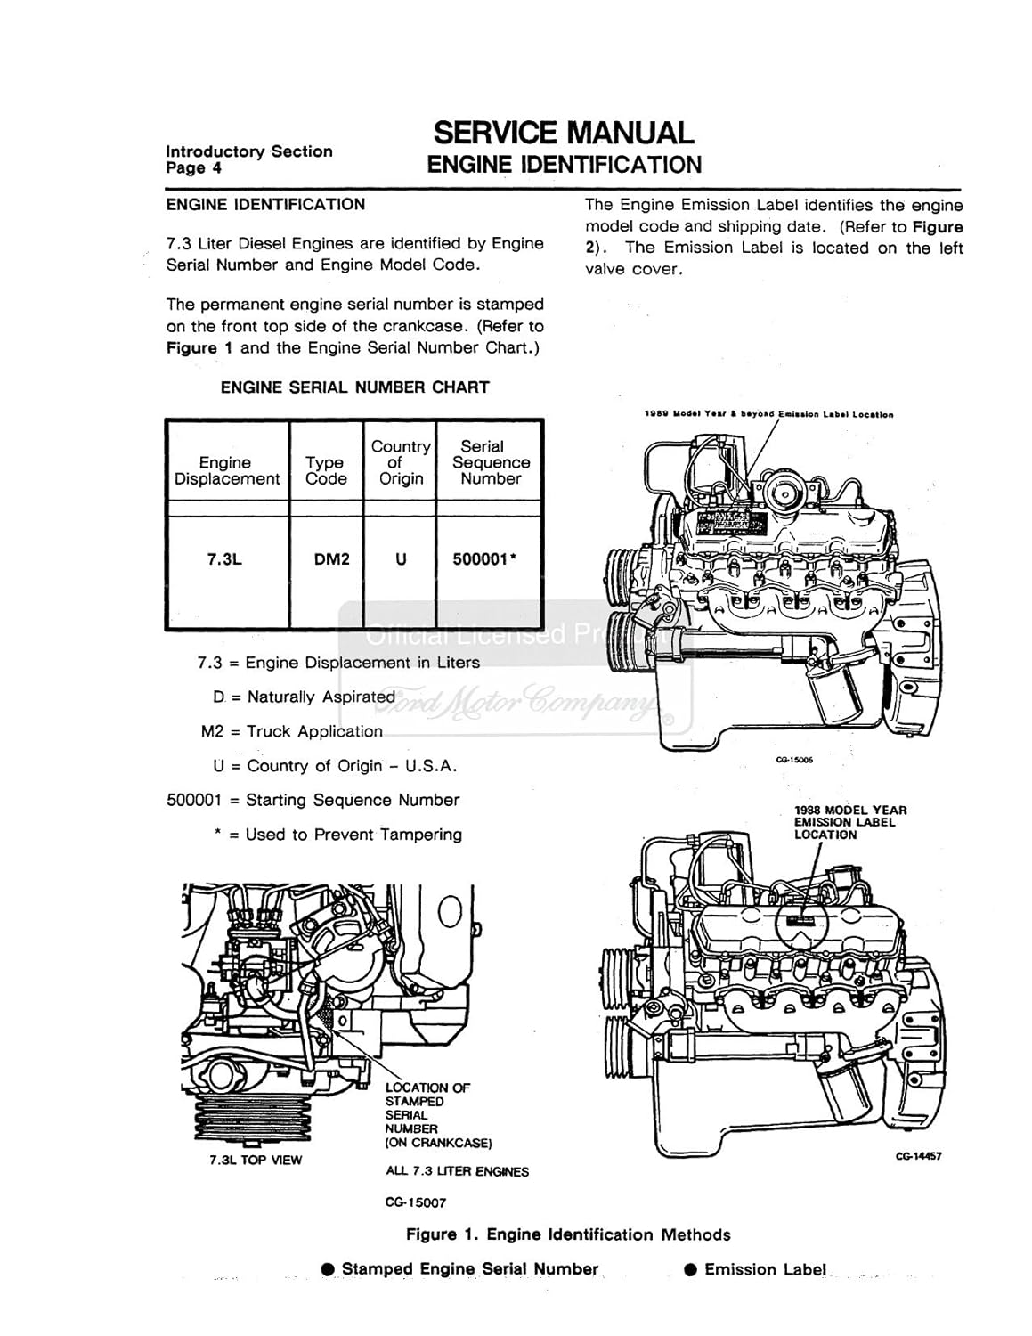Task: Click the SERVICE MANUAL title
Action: pos(563,133)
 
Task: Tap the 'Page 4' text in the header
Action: pos(194,168)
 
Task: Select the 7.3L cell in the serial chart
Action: pos(224,559)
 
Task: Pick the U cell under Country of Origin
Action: pos(401,559)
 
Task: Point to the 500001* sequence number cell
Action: pos(486,559)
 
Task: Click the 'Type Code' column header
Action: pos(325,470)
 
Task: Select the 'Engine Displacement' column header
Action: pos(226,470)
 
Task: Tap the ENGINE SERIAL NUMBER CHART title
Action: pos(354,387)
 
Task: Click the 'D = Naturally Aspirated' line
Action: pos(304,697)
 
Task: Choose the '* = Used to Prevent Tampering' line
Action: pos(337,835)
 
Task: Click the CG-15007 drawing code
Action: pos(416,1202)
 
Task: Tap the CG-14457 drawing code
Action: pos(918,1156)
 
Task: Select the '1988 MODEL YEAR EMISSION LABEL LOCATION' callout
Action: pos(850,822)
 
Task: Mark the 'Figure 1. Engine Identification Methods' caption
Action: pos(568,1234)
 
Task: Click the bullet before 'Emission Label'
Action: pos(690,1270)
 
